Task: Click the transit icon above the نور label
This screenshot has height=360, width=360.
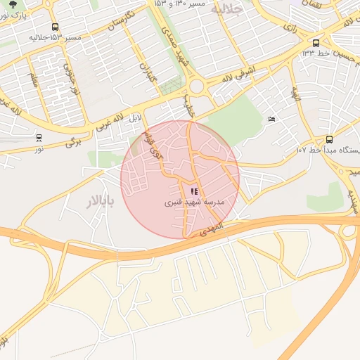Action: [x=39, y=139]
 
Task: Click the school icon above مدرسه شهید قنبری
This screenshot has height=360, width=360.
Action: [x=194, y=191]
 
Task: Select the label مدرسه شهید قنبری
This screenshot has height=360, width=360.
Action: [x=194, y=202]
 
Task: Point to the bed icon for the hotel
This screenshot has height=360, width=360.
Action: [x=271, y=119]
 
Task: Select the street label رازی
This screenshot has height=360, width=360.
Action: [x=289, y=27]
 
